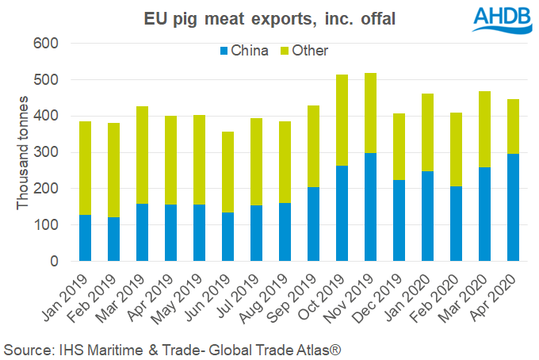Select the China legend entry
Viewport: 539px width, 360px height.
pyautogui.click(x=244, y=51)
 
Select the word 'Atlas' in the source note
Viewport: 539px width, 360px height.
pyautogui.click(x=328, y=348)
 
